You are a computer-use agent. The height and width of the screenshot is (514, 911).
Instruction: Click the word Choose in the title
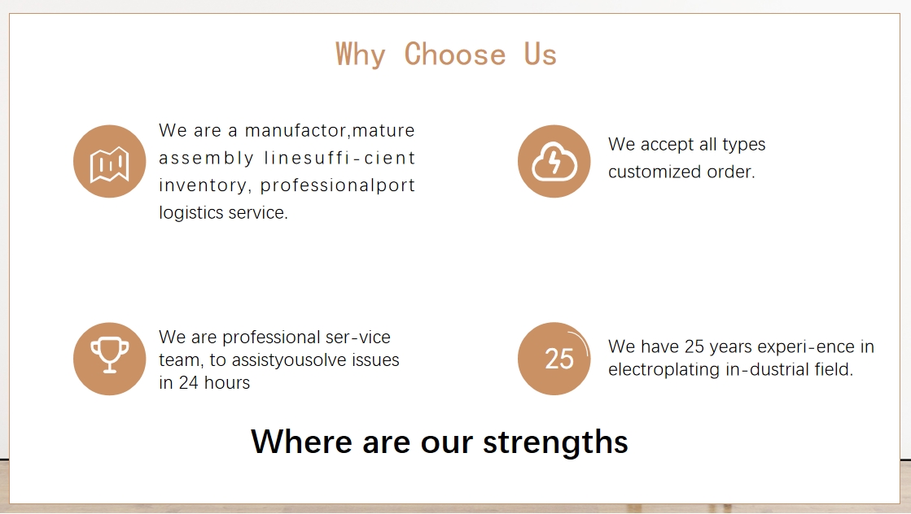tap(455, 54)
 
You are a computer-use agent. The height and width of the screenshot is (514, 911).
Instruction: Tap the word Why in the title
tap(360, 55)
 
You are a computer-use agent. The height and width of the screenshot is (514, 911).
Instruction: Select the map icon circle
tap(109, 161)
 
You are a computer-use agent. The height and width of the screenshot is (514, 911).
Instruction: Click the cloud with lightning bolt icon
tap(554, 161)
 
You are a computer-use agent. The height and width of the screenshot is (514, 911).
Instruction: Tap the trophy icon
tap(109, 355)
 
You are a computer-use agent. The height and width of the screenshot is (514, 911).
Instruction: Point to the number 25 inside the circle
tap(559, 359)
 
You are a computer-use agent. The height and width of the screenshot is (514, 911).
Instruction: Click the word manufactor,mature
tap(330, 130)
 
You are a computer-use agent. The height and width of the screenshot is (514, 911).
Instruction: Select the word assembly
tap(206, 159)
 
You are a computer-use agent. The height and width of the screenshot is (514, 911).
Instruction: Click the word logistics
tap(191, 213)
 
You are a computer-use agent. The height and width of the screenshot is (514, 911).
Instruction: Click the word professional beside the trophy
tap(271, 337)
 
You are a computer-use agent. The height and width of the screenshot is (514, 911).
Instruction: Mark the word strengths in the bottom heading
tap(555, 442)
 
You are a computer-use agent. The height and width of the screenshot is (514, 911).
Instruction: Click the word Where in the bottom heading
tap(301, 442)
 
